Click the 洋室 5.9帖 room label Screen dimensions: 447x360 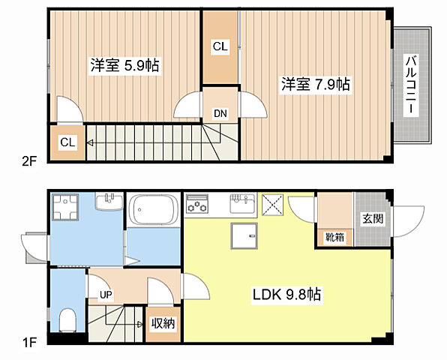point(124,65)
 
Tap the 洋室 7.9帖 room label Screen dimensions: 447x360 point(316,84)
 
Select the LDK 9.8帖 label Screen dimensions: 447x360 point(286,295)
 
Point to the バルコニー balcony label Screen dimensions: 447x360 point(411,85)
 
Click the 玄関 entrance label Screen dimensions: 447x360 point(373,218)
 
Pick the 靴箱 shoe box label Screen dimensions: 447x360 point(335,237)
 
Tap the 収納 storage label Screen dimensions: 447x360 point(163,323)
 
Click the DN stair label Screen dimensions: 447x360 point(220,114)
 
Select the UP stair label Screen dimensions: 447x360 point(106,295)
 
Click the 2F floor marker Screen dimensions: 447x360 point(29,161)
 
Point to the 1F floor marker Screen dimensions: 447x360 point(29,342)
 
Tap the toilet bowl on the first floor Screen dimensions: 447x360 point(68,320)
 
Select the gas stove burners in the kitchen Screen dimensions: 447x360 point(196,204)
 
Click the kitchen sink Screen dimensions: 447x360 point(243,203)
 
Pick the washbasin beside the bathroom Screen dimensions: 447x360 point(109,202)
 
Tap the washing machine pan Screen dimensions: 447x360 point(65,207)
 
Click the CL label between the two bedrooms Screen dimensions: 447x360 point(220,46)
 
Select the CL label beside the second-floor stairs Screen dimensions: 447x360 point(67,142)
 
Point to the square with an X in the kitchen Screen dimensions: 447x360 point(272,205)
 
